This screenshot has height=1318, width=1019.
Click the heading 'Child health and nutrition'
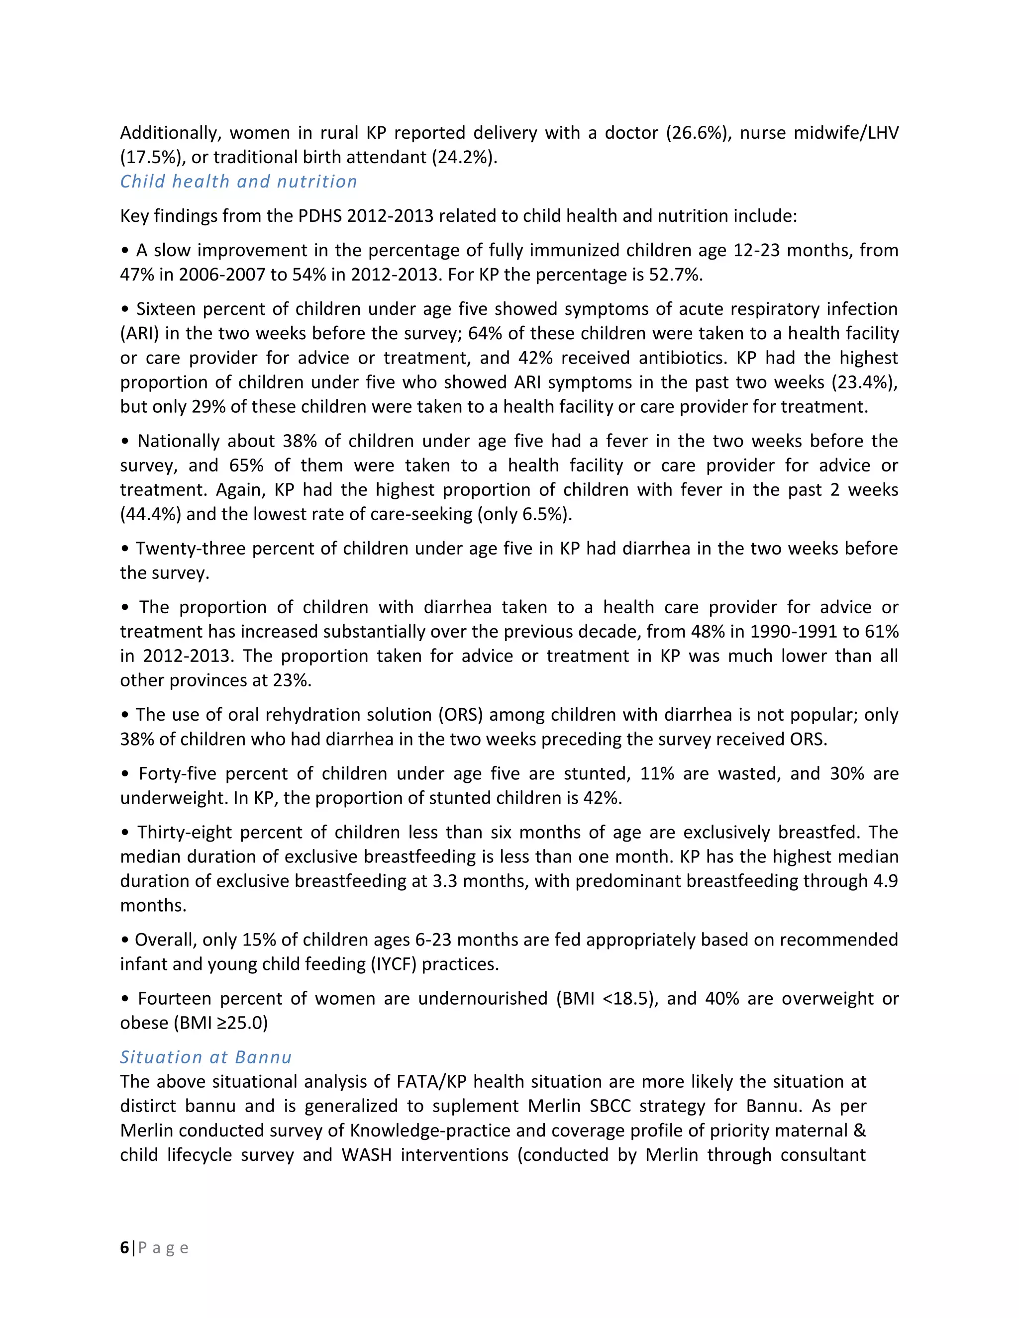tap(238, 181)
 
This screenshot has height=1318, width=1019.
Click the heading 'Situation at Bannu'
tap(205, 1057)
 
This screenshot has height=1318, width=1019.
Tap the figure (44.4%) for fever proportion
tap(150, 514)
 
